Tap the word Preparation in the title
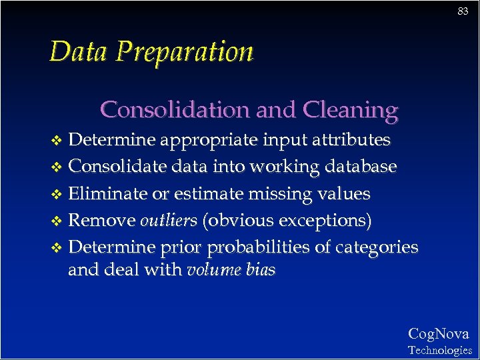point(184,53)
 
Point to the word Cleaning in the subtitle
point(350,109)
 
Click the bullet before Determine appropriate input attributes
point(57,141)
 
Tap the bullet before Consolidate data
point(57,167)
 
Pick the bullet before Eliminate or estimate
point(57,195)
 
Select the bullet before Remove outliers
point(57,221)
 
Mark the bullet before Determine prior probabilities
point(57,248)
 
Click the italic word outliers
point(169,221)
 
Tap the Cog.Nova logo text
point(438,334)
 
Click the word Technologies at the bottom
point(439,350)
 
